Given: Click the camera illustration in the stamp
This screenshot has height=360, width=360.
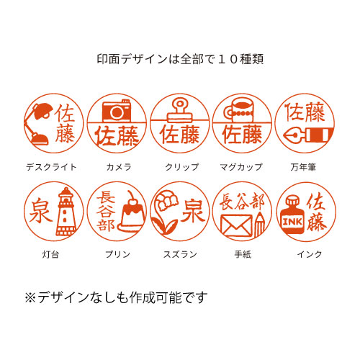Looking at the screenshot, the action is tap(117, 110).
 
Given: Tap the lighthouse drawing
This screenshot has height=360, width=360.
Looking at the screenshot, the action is tap(66, 212).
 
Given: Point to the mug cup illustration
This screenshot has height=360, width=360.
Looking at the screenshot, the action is tap(239, 111).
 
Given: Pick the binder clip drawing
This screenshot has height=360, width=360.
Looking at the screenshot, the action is tap(180, 110).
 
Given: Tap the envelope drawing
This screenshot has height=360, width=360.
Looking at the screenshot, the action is tap(237, 225).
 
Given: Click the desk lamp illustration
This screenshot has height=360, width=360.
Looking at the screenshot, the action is tap(39, 124).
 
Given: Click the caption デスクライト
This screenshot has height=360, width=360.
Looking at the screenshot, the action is tap(51, 167).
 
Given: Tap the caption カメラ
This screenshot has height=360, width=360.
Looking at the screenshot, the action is tap(119, 167).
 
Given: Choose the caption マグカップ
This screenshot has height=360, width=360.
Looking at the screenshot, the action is tap(241, 167).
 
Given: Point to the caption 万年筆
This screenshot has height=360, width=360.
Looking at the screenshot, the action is tap(303, 167).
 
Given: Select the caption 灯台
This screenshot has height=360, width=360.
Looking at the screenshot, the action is tap(50, 254).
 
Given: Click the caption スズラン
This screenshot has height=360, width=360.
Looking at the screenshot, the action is tap(180, 254).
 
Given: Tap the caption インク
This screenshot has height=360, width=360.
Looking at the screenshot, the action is tap(310, 254).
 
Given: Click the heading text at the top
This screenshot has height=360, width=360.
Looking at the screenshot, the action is tap(180, 59).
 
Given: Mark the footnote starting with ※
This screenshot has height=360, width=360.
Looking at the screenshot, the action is tap(116, 297).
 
